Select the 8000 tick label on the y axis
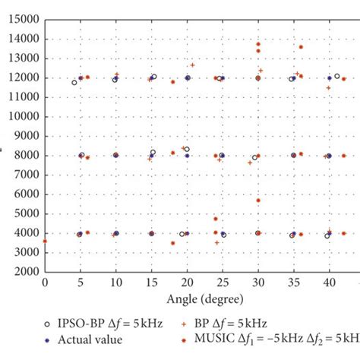[x=27, y=156]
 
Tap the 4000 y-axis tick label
[x=27, y=233]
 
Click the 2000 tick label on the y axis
[x=27, y=272]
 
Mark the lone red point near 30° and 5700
[x=258, y=201]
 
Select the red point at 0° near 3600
[x=45, y=241]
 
